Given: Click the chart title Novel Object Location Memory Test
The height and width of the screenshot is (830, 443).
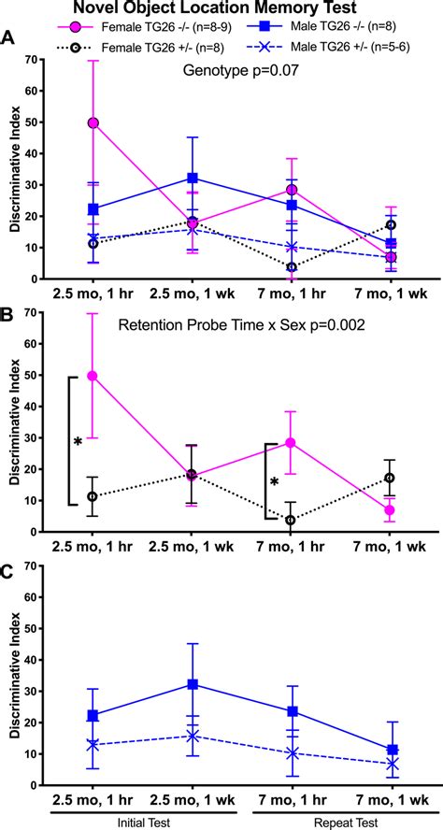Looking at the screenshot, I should tap(221, 9).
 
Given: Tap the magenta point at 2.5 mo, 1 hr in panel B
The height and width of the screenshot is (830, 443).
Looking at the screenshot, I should tap(93, 376).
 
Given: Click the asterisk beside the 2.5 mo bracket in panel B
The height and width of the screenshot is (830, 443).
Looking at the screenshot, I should tap(79, 441).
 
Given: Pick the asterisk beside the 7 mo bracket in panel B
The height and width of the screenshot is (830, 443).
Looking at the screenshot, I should tap(274, 482).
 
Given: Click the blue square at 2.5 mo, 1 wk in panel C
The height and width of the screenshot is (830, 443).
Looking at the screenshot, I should tap(192, 684).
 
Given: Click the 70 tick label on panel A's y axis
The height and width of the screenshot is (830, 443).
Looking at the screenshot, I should tap(34, 60).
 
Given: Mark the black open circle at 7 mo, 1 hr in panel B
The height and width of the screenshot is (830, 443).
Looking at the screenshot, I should tap(291, 520).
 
